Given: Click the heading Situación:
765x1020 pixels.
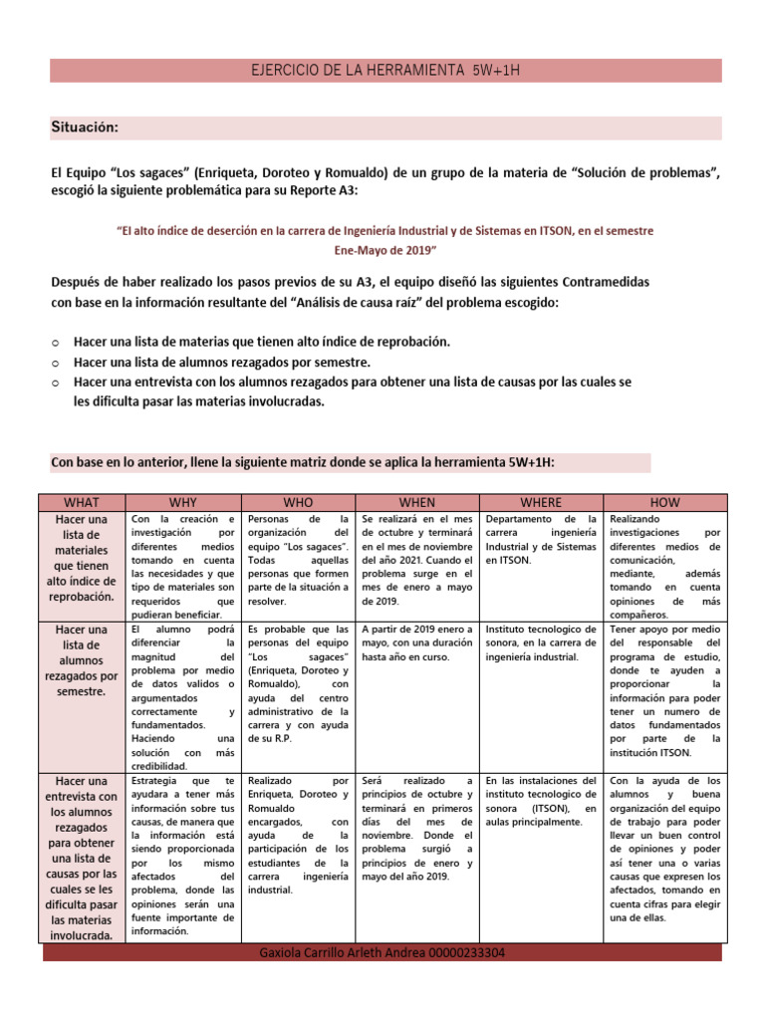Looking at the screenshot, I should [x=85, y=127].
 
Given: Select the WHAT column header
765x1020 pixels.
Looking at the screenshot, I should [x=81, y=502].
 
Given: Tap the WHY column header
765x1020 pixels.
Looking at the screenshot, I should [x=183, y=502].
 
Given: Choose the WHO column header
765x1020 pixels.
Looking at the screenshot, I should [x=298, y=502].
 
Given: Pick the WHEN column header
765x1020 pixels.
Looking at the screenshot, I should [x=416, y=502].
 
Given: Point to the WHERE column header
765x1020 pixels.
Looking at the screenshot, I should [x=541, y=502].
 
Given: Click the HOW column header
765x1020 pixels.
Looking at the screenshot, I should [x=664, y=502].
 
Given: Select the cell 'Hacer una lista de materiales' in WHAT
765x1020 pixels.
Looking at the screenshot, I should [x=81, y=558].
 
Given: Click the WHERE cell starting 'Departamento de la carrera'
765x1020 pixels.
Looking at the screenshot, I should [x=541, y=540].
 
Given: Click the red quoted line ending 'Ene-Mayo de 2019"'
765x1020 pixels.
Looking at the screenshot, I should [x=386, y=248].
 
